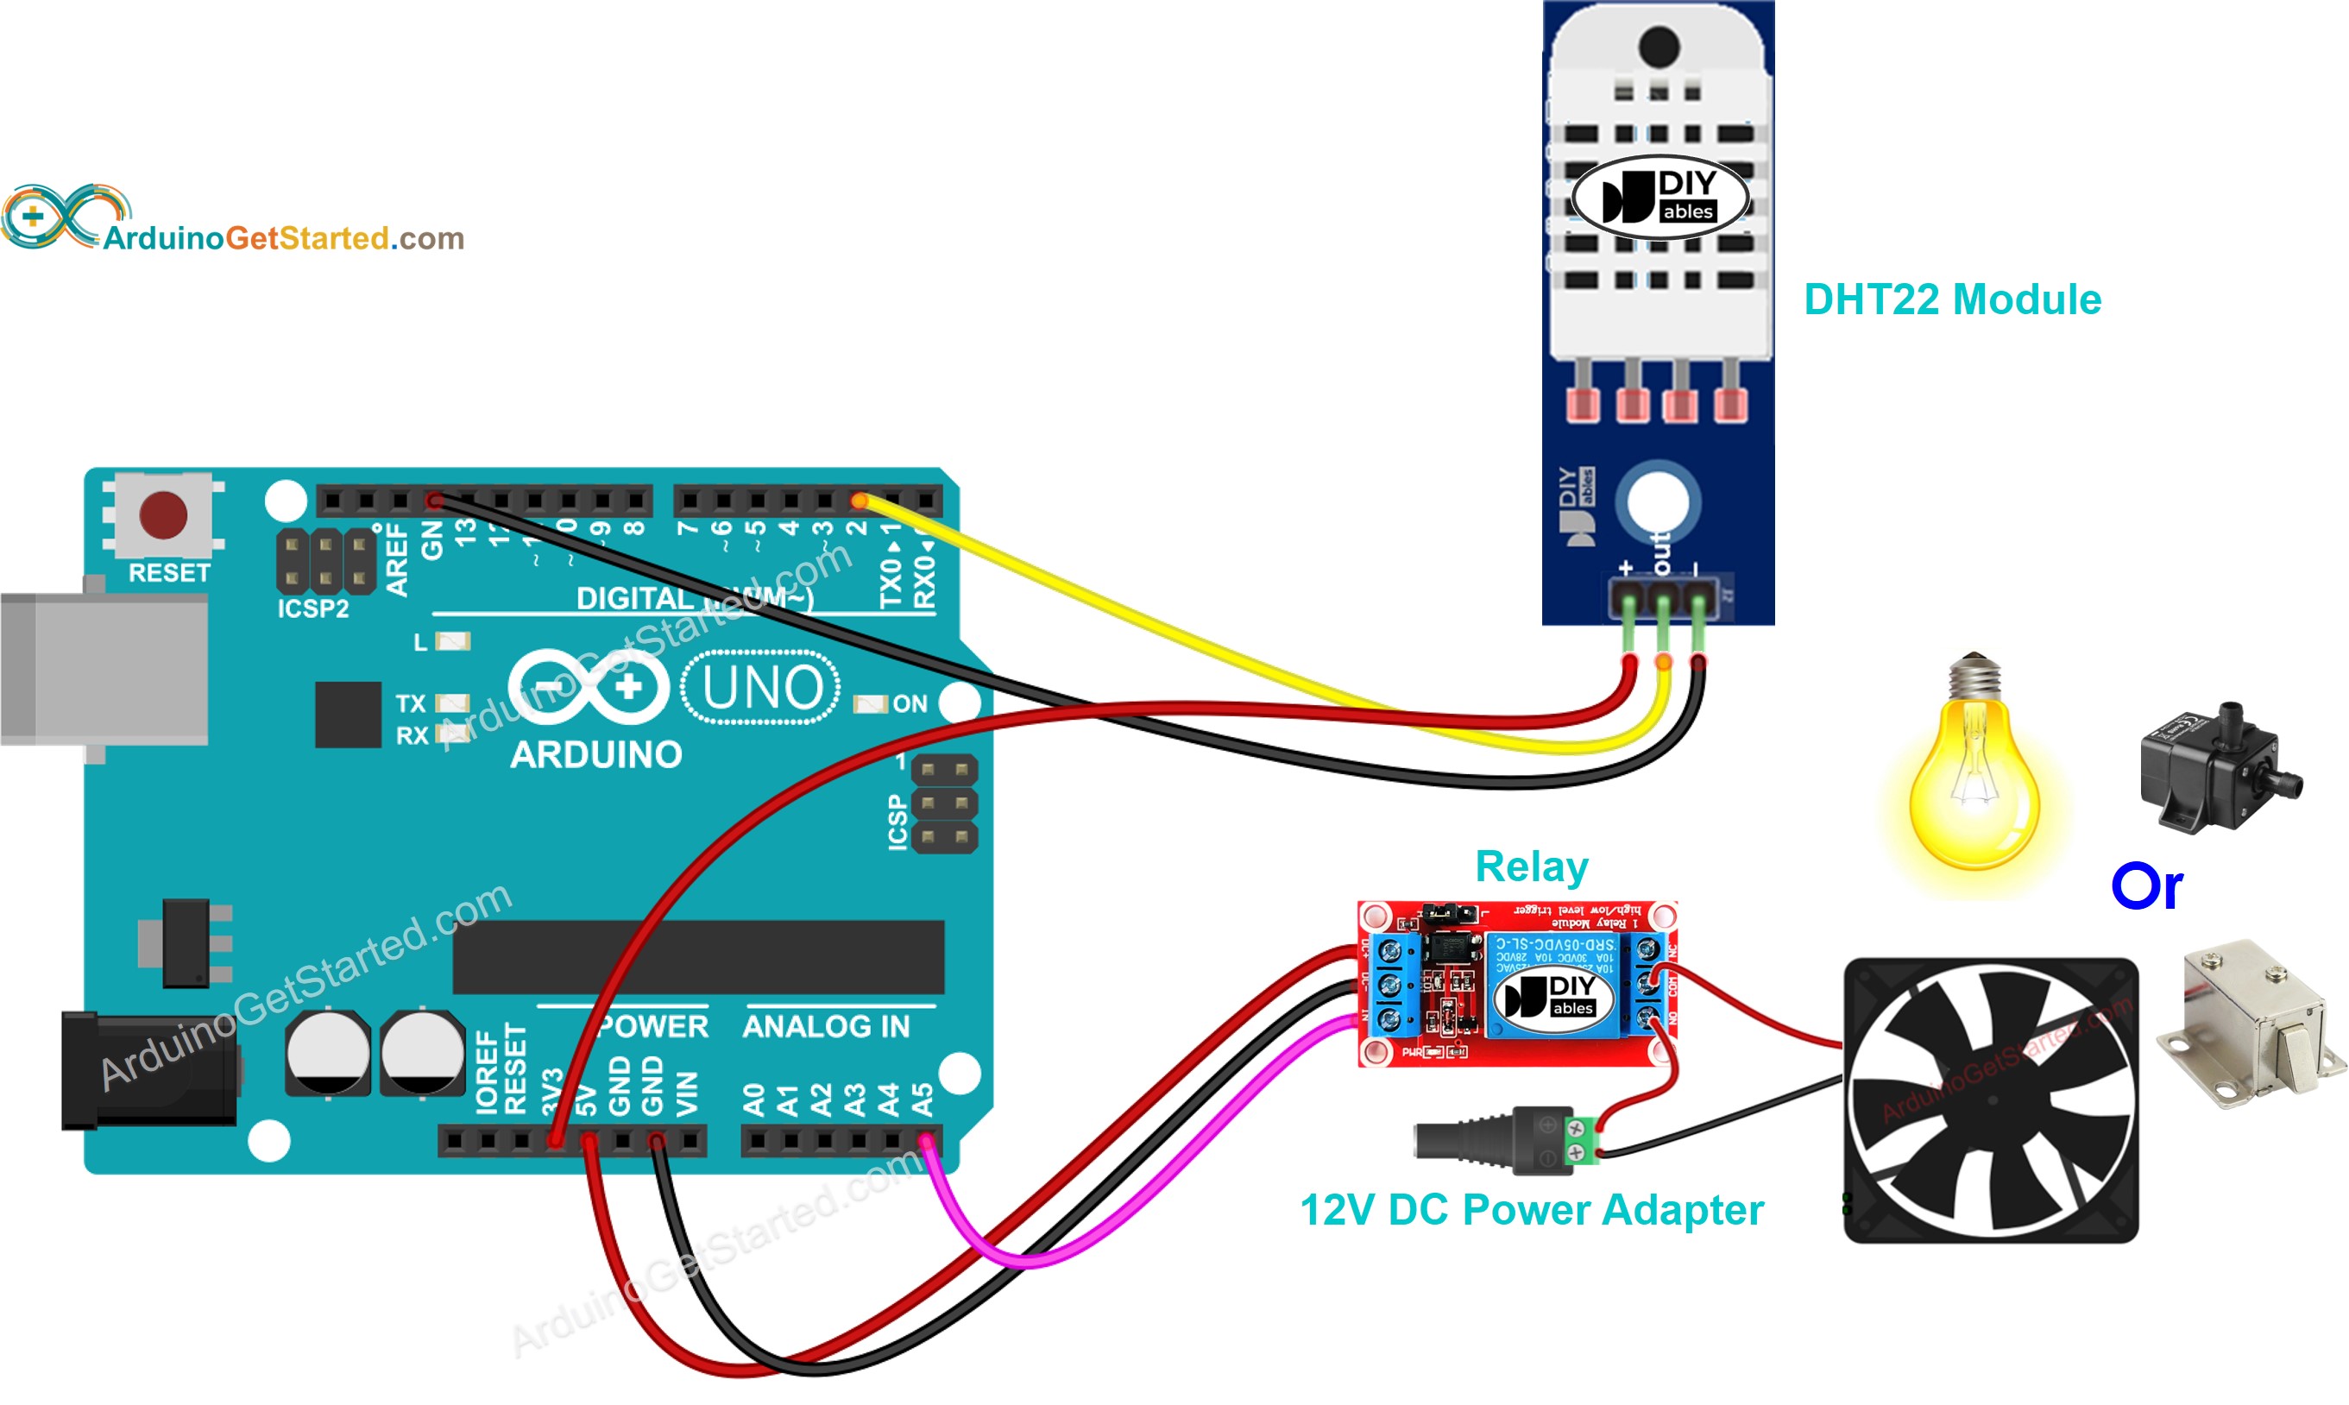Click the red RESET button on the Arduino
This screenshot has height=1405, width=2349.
coord(163,515)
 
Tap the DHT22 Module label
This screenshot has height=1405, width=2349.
coord(1951,300)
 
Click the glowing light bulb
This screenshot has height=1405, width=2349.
coord(1974,777)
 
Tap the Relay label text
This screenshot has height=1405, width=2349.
coord(1531,866)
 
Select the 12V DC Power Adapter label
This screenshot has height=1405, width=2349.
coord(1531,1210)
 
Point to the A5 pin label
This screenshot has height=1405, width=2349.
coord(922,1099)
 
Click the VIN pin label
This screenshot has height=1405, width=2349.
coord(688,1093)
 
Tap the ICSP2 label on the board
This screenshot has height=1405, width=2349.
coord(312,608)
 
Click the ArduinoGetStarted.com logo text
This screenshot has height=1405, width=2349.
coord(283,238)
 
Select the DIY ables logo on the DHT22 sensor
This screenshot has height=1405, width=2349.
coord(1659,197)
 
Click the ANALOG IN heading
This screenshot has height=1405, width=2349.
coord(825,1026)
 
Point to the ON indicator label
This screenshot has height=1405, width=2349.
coord(910,703)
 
